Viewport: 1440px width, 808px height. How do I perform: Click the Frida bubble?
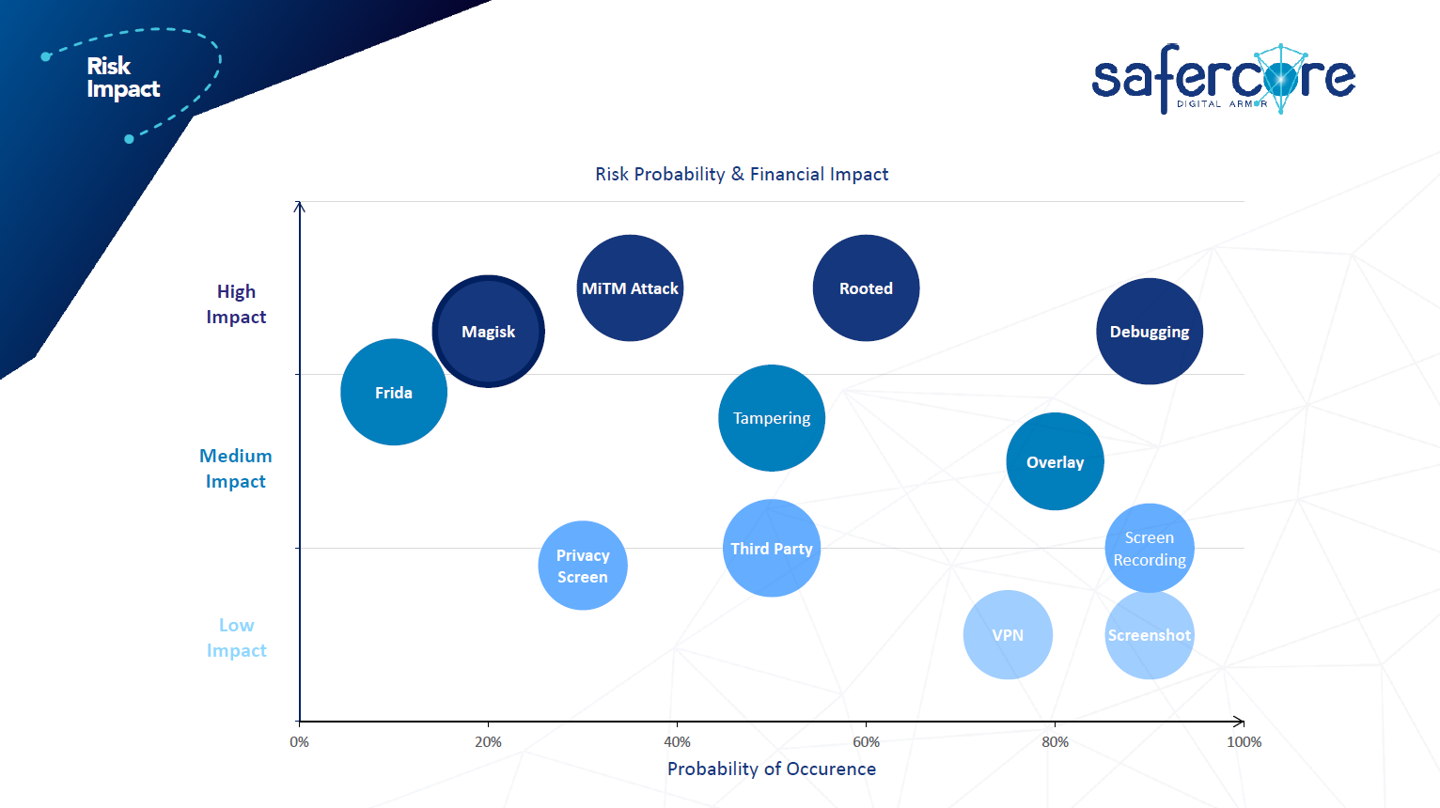pyautogui.click(x=394, y=392)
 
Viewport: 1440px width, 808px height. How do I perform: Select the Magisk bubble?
pyautogui.click(x=488, y=331)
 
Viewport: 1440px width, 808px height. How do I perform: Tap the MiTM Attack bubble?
pyautogui.click(x=630, y=287)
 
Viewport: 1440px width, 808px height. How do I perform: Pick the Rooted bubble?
pyautogui.click(x=866, y=287)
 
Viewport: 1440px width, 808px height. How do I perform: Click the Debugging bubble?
pyautogui.click(x=1149, y=331)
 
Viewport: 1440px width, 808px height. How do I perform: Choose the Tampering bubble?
pyautogui.click(x=772, y=418)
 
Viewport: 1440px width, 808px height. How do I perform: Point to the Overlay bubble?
pyautogui.click(x=1055, y=461)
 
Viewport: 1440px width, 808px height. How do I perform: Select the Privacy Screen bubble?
pyautogui.click(x=583, y=566)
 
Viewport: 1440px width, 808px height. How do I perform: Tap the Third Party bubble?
pyautogui.click(x=772, y=548)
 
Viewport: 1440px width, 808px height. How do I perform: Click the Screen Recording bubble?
pyautogui.click(x=1149, y=548)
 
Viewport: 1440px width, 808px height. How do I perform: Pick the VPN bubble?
pyautogui.click(x=1008, y=634)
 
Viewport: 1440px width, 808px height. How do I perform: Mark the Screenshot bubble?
pyautogui.click(x=1149, y=634)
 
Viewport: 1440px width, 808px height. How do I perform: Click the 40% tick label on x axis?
pyautogui.click(x=677, y=742)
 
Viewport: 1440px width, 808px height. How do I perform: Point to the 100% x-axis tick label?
pyautogui.click(x=1244, y=742)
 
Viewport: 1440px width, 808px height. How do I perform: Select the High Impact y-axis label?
pyautogui.click(x=236, y=304)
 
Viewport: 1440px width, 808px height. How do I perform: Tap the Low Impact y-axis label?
pyautogui.click(x=236, y=638)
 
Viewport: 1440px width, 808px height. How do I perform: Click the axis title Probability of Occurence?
pyautogui.click(x=772, y=769)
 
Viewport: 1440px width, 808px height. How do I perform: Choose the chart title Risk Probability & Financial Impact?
pyautogui.click(x=742, y=174)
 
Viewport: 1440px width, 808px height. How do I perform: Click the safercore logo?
pyautogui.click(x=1223, y=78)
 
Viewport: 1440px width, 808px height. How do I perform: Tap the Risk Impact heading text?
pyautogui.click(x=122, y=77)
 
